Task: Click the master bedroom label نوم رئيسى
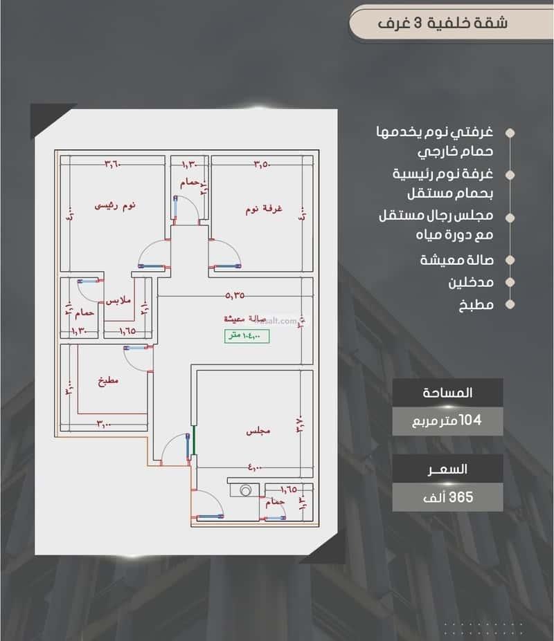tap(115, 205)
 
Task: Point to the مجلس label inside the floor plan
tap(258, 431)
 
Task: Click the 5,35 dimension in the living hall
tap(235, 295)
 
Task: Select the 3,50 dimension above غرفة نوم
tap(261, 164)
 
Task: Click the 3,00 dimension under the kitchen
tap(104, 423)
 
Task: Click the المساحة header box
tap(447, 393)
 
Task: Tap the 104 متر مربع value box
tap(447, 420)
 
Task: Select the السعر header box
tap(447, 469)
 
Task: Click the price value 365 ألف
tap(447, 497)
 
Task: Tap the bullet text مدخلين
tap(470, 282)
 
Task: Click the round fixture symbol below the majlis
tap(244, 490)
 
